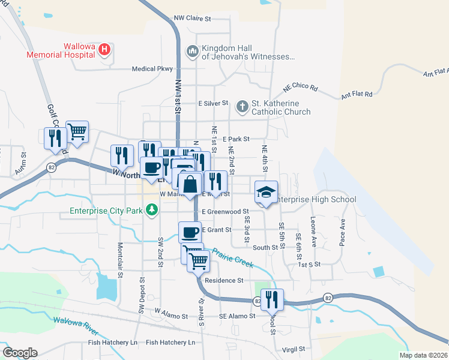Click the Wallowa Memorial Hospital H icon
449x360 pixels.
pyautogui.click(x=105, y=49)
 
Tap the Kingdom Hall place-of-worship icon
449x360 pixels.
pyautogui.click(x=193, y=52)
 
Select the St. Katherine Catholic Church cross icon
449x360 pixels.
pyautogui.click(x=242, y=107)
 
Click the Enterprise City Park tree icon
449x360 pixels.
pyautogui.click(x=153, y=210)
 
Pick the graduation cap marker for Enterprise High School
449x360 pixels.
pyautogui.click(x=267, y=192)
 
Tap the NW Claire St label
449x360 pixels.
pyautogui.click(x=193, y=19)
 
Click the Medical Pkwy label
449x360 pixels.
pyautogui.click(x=152, y=69)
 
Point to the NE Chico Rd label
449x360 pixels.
pyautogui.click(x=300, y=87)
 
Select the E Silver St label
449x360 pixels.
pyautogui.click(x=214, y=103)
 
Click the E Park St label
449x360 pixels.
pyautogui.click(x=236, y=139)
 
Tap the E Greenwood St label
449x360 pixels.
pyautogui.click(x=225, y=212)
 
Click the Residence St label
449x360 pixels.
pyautogui.click(x=224, y=280)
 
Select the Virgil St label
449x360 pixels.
pyautogui.click(x=294, y=349)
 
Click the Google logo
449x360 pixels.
pyautogui.click(x=20, y=353)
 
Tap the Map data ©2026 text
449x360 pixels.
pyautogui.click(x=423, y=355)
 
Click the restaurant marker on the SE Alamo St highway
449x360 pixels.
pyautogui.click(x=272, y=299)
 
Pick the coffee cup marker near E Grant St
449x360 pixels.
pyautogui.click(x=190, y=232)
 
